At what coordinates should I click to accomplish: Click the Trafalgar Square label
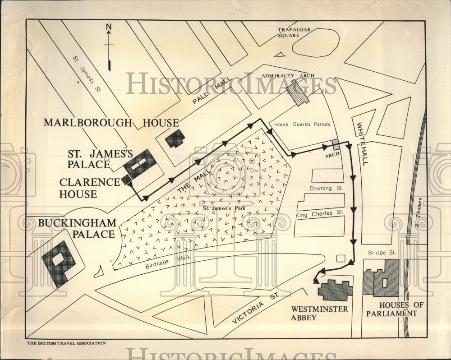294,32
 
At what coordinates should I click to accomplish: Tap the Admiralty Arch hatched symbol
298,93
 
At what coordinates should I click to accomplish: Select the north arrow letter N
109,27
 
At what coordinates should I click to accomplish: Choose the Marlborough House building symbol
175,138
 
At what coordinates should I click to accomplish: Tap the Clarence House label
78,188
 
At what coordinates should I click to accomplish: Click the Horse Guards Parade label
300,125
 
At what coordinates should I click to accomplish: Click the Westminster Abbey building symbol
335,290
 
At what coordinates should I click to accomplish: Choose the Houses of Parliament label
395,309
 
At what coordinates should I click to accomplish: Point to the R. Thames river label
418,212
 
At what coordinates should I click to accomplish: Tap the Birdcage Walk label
168,262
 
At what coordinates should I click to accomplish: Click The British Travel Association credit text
66,343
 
